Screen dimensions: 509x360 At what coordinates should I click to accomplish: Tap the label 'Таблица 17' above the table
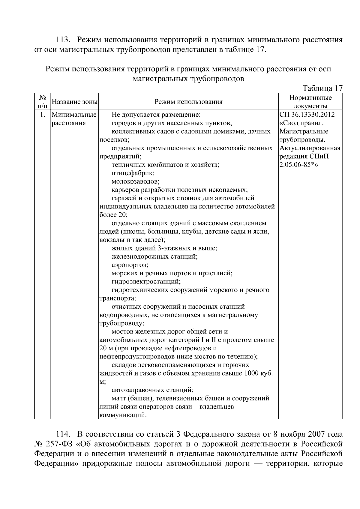pyautogui.click(x=322, y=88)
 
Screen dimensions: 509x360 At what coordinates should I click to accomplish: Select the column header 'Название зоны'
pyautogui.click(x=74, y=102)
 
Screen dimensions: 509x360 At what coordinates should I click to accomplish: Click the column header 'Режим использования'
pyautogui.click(x=188, y=102)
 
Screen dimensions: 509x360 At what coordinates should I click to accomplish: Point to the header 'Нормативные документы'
pyautogui.click(x=310, y=102)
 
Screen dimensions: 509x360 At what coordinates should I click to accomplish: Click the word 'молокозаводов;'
pyautogui.click(x=135, y=181)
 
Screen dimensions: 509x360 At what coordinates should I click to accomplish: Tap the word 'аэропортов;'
pyautogui.click(x=130, y=265)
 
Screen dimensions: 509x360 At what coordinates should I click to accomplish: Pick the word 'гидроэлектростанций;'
pyautogui.click(x=146, y=282)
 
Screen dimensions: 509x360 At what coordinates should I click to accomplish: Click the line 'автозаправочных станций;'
pyautogui.click(x=152, y=390)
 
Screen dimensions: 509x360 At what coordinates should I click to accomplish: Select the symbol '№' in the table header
pyautogui.click(x=42, y=98)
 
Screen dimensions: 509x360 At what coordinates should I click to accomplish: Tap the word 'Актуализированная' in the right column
pyautogui.click(x=310, y=148)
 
